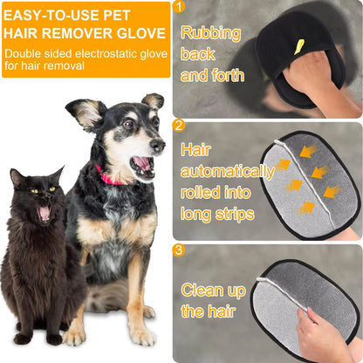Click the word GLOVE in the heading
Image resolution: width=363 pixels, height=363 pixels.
(142, 34)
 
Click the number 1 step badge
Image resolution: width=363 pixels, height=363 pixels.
(179, 7)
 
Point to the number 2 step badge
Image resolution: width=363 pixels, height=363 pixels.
(179, 125)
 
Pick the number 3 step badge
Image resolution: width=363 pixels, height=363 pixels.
(179, 250)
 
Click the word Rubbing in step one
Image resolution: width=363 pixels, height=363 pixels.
(210, 33)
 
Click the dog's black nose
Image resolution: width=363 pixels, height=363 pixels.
(159, 143)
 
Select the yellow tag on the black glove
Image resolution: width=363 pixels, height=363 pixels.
(299, 45)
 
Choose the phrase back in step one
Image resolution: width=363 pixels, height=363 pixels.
(198, 54)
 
